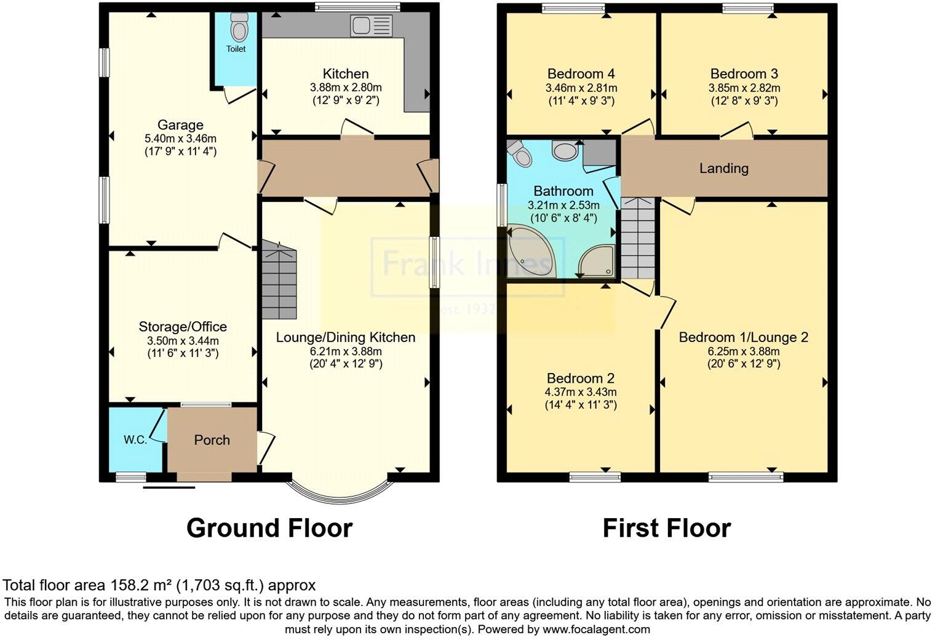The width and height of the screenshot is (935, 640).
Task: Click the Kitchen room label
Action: tap(346, 74)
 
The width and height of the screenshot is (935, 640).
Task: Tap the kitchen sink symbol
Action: tap(371, 26)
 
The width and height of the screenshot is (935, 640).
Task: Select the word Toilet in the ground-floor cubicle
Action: tap(236, 49)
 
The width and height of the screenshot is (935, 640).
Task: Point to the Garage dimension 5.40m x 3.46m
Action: tap(180, 138)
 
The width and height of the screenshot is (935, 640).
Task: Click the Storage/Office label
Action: tap(183, 327)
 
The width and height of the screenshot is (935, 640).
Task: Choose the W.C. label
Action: tap(135, 439)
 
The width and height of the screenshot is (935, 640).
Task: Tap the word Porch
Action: tap(212, 440)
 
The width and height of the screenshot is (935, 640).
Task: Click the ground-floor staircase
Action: tap(279, 280)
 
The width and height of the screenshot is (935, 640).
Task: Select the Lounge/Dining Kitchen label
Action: tap(346, 337)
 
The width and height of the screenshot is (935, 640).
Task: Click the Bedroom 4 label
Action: tap(581, 74)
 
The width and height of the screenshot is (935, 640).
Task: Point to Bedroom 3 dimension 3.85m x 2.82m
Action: tap(744, 88)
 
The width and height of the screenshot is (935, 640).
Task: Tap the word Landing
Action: tap(724, 168)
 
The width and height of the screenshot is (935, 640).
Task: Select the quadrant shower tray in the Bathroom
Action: tap(597, 261)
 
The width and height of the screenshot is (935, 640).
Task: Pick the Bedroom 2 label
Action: tap(581, 378)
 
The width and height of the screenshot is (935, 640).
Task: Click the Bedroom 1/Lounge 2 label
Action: tap(744, 337)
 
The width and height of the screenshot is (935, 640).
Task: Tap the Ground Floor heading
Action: tap(269, 529)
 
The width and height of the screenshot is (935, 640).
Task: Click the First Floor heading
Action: tap(667, 529)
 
